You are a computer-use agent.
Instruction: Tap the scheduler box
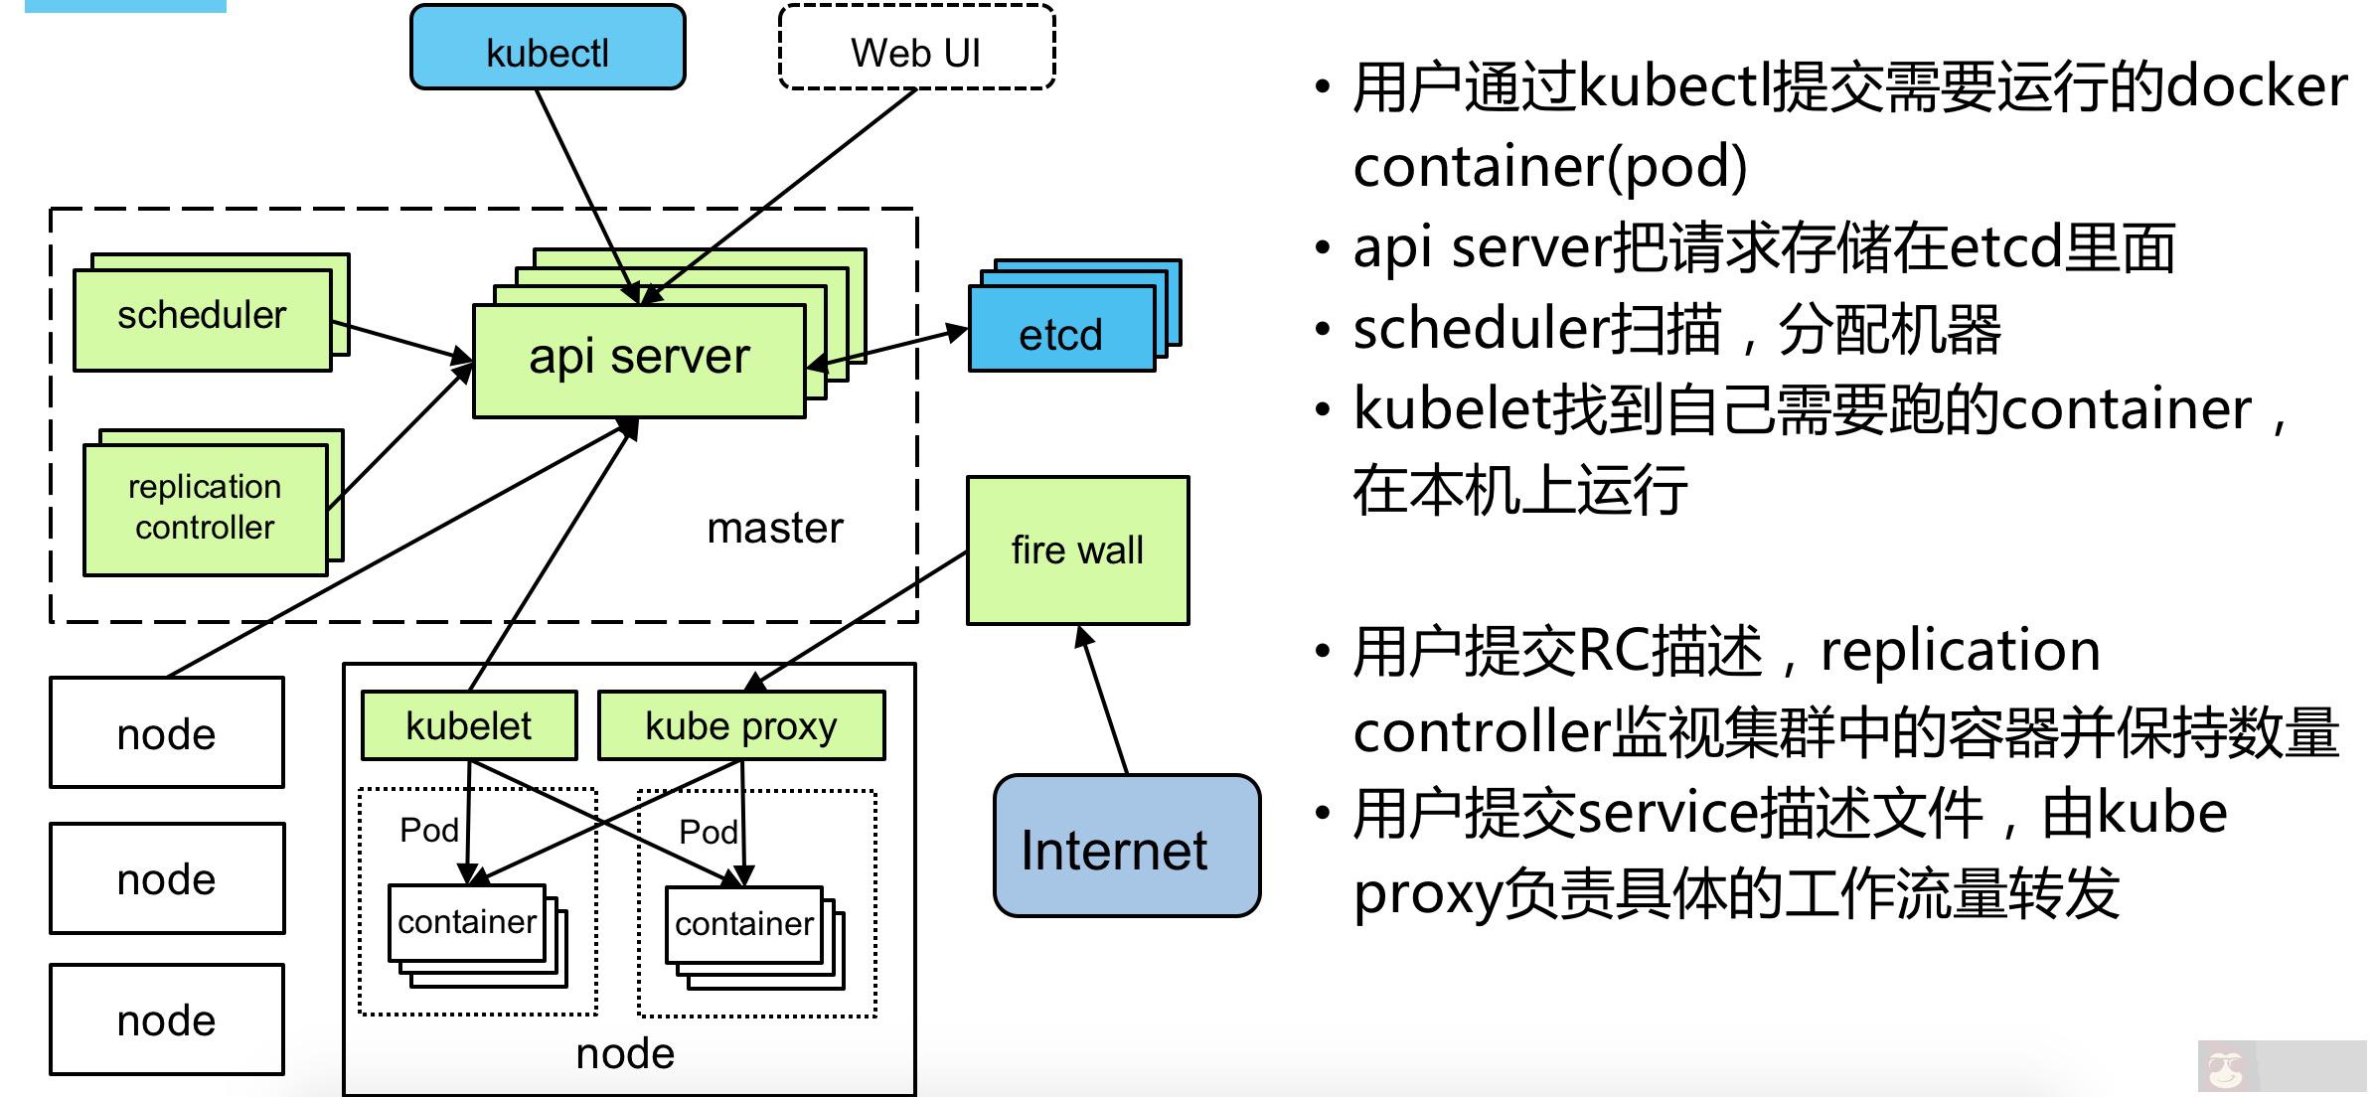click(202, 318)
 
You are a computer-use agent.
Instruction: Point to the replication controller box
click(205, 508)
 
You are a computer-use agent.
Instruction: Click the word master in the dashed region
click(775, 528)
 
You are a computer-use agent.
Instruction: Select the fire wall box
click(1077, 549)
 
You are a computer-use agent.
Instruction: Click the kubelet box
click(468, 725)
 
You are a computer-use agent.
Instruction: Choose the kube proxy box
click(741, 725)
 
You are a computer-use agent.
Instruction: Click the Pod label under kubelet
click(428, 830)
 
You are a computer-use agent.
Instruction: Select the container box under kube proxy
click(744, 924)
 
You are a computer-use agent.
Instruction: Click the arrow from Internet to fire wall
click(1104, 701)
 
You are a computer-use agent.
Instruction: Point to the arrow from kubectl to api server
click(586, 194)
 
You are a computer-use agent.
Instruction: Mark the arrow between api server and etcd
click(887, 348)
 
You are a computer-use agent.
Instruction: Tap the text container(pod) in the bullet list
click(1549, 167)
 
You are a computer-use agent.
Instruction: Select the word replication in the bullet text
click(1960, 652)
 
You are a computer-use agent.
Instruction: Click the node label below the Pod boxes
click(625, 1053)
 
